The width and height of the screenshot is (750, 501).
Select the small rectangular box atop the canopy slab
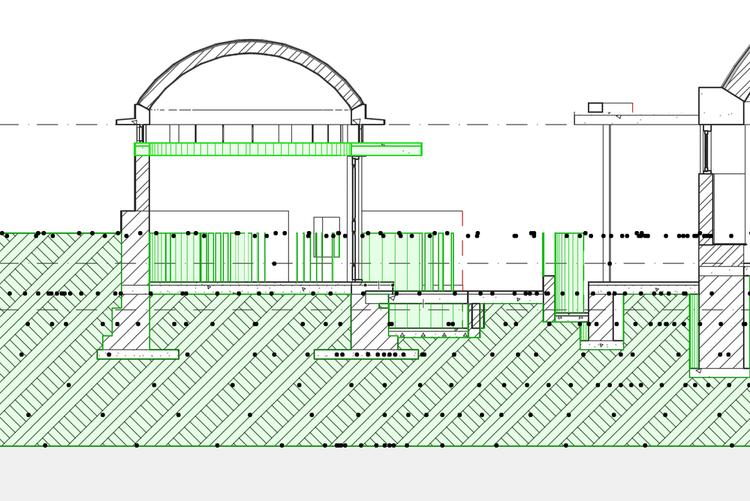click(595, 107)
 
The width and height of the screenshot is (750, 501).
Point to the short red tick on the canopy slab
click(632, 107)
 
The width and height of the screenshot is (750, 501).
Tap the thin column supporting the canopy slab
click(607, 202)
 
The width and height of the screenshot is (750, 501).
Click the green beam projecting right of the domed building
click(387, 149)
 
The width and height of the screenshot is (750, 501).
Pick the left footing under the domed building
click(138, 354)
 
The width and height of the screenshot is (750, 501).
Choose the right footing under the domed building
click(366, 354)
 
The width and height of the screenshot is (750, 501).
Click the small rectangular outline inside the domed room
click(327, 237)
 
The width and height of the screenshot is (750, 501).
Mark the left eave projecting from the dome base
click(125, 121)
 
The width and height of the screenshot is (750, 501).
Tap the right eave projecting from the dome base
click(374, 120)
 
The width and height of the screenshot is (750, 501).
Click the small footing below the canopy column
click(601, 345)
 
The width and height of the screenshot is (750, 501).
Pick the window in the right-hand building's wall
click(706, 149)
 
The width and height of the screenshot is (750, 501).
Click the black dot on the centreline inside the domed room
click(274, 263)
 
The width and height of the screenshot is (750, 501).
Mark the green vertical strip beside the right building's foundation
click(694, 330)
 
